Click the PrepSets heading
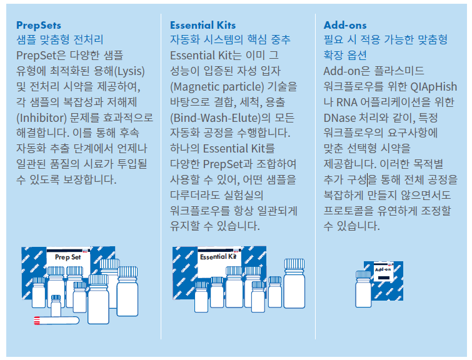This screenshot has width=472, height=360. pos(39,25)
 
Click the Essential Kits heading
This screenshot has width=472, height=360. pos(203,25)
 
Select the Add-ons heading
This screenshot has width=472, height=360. pos(345,25)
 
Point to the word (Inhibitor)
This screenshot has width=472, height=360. pos(41,117)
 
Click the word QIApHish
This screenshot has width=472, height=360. pos(434,87)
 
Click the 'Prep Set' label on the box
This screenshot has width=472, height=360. pos(68,257)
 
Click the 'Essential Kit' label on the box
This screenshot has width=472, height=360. pos(218,257)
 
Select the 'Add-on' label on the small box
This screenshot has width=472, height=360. pos(383,269)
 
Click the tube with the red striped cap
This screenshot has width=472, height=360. pos(56,321)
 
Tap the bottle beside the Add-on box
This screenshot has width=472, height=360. pos(363,289)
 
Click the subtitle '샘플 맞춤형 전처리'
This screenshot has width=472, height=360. pos(59,40)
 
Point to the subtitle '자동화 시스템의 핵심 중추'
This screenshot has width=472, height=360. pos(230,40)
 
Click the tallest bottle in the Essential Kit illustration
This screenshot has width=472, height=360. pos(294,284)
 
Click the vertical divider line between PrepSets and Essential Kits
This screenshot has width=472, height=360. pos(161,176)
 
